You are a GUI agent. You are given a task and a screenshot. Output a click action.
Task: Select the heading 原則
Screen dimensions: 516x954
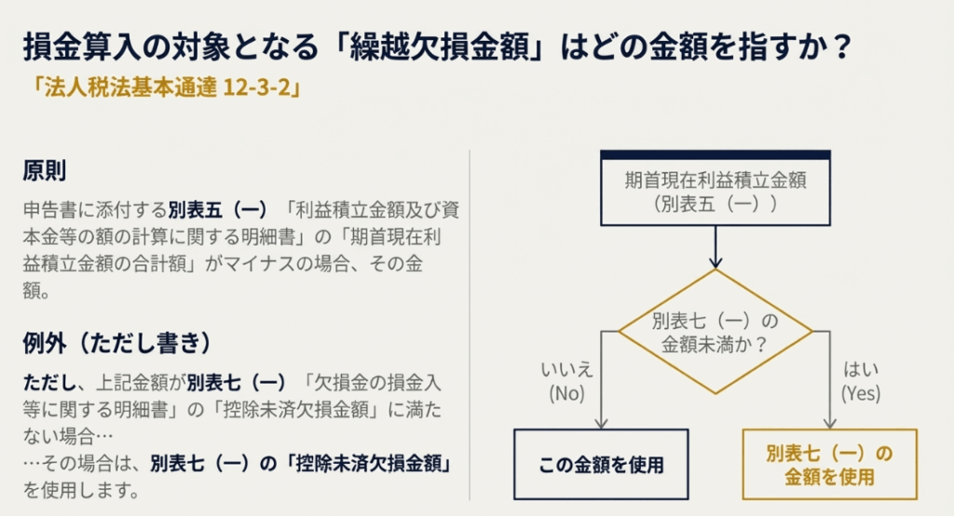point(44,172)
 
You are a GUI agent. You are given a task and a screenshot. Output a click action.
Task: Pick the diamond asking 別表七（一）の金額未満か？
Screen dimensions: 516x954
point(715,332)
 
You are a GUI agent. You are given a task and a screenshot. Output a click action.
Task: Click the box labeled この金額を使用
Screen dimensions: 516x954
point(601,465)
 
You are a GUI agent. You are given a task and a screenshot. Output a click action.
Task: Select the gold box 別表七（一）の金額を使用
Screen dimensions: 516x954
point(829,465)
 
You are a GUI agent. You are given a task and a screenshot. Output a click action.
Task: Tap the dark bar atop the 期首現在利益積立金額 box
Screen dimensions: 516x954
point(715,155)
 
